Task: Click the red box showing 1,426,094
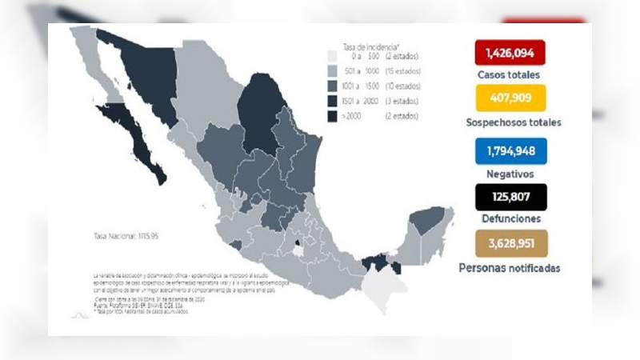point(510,54)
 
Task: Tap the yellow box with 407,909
point(510,98)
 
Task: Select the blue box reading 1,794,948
point(510,149)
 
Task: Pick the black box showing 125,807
point(510,196)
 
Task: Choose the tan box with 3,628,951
point(510,243)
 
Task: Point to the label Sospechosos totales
point(513,122)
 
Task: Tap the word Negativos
point(510,173)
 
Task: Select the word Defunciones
point(510,218)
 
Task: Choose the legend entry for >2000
point(376,117)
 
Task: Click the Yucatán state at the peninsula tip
point(429,220)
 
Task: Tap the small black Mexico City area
point(298,242)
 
